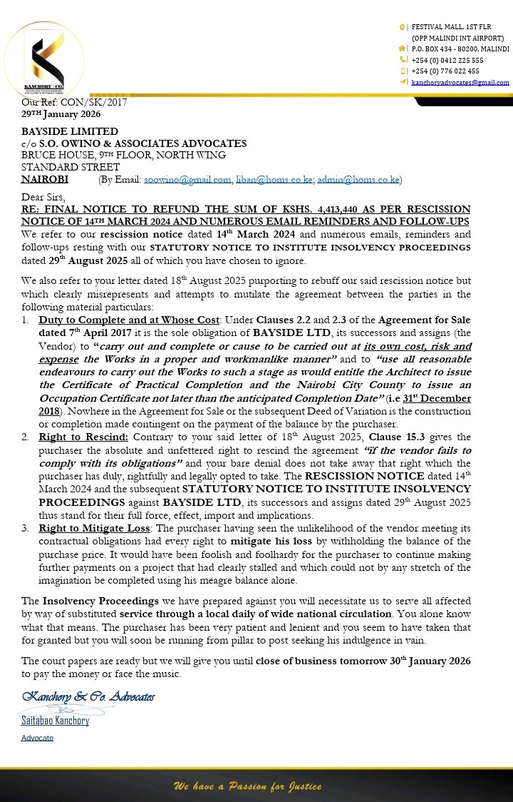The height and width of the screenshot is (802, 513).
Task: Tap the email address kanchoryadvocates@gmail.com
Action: pyautogui.click(x=460, y=82)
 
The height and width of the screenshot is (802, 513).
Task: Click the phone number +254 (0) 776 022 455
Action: pyautogui.click(x=445, y=71)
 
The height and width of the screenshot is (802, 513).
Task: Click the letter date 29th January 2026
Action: pyautogui.click(x=61, y=114)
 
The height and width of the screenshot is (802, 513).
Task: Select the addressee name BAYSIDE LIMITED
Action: pyautogui.click(x=70, y=131)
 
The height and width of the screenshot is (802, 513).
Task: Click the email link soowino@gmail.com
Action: pyautogui.click(x=187, y=180)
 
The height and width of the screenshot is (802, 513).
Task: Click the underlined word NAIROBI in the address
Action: pyautogui.click(x=45, y=180)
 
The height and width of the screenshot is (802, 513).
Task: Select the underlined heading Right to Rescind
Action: pyautogui.click(x=75, y=437)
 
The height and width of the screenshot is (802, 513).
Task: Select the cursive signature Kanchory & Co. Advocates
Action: pyautogui.click(x=88, y=696)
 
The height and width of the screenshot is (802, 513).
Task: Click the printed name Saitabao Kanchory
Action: pyautogui.click(x=55, y=721)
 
